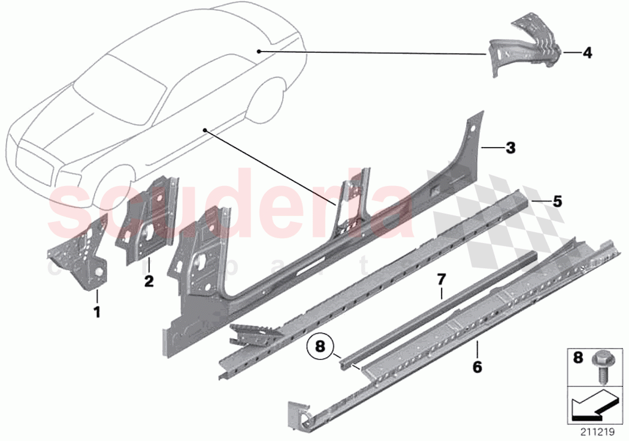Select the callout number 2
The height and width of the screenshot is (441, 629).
tap(149, 280)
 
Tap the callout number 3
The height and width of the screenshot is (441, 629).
tap(510, 148)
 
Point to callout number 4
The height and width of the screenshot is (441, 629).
tap(587, 53)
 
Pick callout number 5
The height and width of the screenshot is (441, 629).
tap(557, 202)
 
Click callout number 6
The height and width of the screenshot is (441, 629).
tap(477, 366)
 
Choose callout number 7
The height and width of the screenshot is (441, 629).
tap(441, 278)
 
